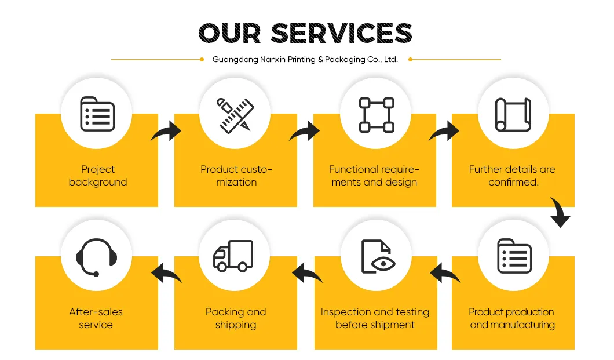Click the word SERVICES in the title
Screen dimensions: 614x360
pyautogui.click(x=341, y=33)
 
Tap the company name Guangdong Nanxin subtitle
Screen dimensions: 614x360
pyautogui.click(x=305, y=60)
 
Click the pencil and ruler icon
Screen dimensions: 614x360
pyautogui.click(x=235, y=115)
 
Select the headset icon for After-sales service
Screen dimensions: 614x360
pyautogui.click(x=96, y=257)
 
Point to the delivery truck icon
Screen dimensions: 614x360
pyautogui.click(x=233, y=256)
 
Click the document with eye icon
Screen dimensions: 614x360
pyautogui.click(x=378, y=256)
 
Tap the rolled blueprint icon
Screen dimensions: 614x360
pyautogui.click(x=513, y=114)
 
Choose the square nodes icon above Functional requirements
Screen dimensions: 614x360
pyautogui.click(x=377, y=115)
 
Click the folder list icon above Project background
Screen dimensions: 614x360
pyautogui.click(x=97, y=114)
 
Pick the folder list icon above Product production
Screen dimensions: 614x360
pyautogui.click(x=514, y=256)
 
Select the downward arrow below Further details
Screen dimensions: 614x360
pyautogui.click(x=560, y=212)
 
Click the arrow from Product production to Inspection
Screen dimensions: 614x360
pyautogui.click(x=445, y=273)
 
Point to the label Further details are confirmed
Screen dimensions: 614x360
pyautogui.click(x=513, y=176)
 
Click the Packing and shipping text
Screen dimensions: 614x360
pyautogui.click(x=236, y=318)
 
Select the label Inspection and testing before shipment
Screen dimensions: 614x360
pyautogui.click(x=375, y=318)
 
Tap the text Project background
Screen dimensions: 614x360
pyautogui.click(x=98, y=176)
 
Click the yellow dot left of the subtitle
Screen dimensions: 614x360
pyautogui.click(x=202, y=60)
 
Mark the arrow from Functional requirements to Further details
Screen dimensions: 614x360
pyautogui.click(x=444, y=131)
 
